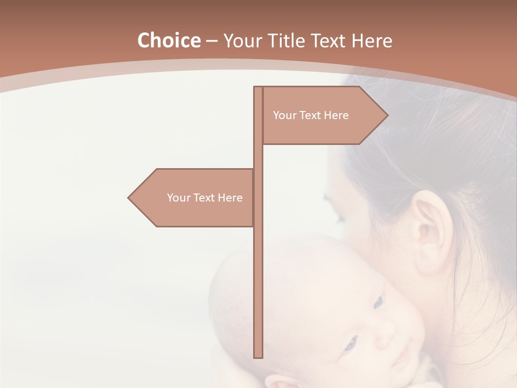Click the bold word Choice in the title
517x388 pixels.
point(169,40)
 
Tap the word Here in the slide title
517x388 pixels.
point(372,40)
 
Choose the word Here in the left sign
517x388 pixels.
point(230,198)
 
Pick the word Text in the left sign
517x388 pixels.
point(204,198)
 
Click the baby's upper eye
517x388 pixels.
point(378,302)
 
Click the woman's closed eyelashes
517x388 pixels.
point(339,220)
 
